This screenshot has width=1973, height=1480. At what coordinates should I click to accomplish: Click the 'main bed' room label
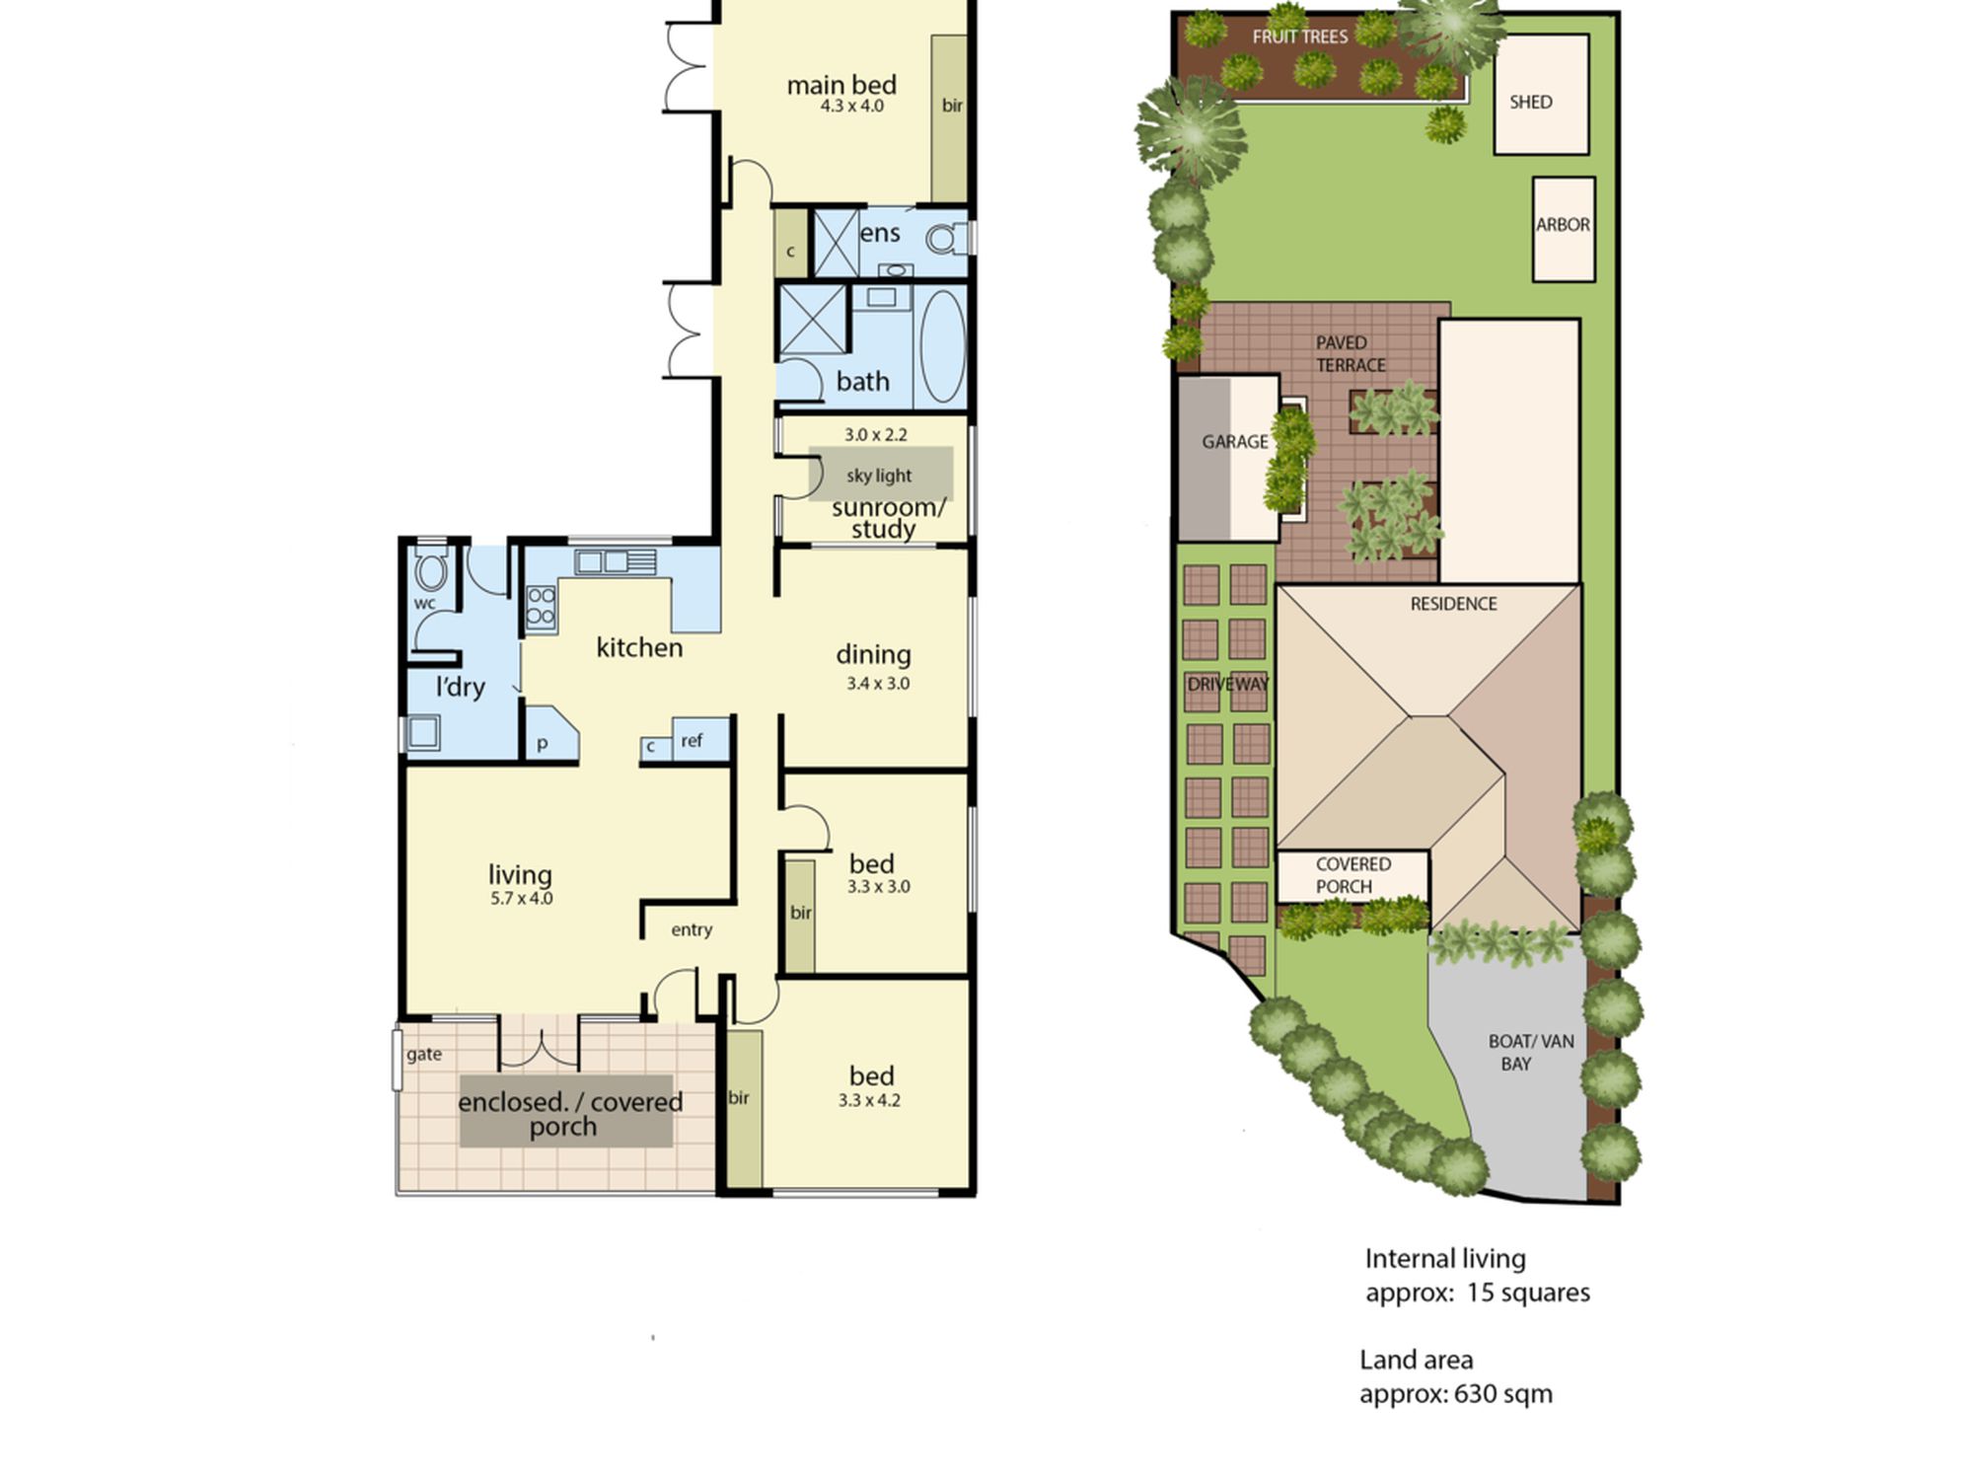coord(841,85)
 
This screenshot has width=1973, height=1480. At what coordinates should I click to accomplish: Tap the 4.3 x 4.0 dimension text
coord(852,107)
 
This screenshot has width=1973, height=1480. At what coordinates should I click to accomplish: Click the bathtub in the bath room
coord(942,345)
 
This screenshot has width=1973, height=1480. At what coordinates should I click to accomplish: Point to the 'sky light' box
coord(881,475)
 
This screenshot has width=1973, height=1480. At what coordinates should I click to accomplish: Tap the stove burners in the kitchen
coord(541,607)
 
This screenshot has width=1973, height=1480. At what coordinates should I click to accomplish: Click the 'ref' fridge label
coord(692,740)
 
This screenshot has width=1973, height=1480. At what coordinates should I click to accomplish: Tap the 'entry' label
coord(692,929)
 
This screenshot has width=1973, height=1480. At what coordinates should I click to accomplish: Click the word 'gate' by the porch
coord(424,1055)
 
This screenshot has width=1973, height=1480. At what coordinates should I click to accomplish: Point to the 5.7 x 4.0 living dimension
coord(522,899)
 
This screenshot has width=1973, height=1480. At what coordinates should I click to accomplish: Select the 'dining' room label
coord(873,654)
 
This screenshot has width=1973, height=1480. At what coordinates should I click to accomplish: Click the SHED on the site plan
coord(1541,95)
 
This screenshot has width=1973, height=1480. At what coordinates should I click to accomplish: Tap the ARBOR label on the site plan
coord(1563,225)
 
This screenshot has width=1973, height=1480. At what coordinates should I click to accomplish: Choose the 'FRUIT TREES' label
coord(1300,37)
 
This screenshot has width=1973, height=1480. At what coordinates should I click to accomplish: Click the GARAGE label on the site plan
coord(1235,442)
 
